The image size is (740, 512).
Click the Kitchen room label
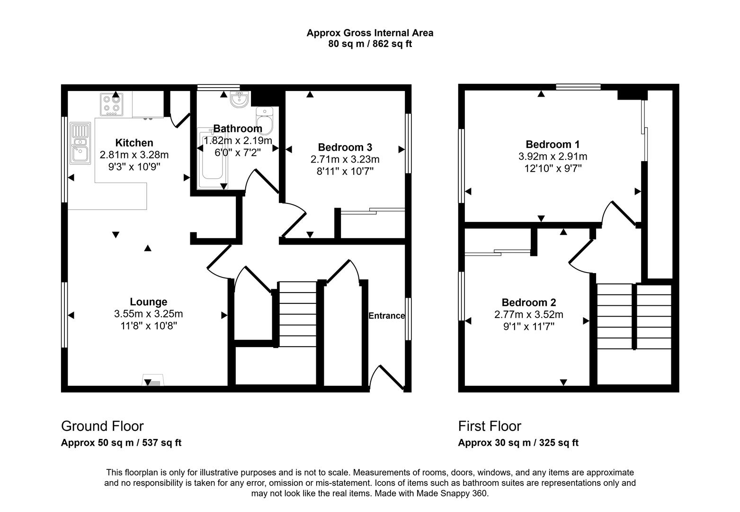tap(134, 143)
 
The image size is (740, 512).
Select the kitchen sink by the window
tap(80, 143)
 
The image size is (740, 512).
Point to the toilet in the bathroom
tap(265, 120)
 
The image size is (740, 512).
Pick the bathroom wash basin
tap(239, 99)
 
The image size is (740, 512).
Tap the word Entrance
tap(386, 316)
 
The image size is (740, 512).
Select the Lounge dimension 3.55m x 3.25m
tap(148, 314)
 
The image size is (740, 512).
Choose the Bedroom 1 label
tap(553, 144)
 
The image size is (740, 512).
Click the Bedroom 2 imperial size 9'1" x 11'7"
tap(528, 326)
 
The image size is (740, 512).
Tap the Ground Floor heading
tap(102, 426)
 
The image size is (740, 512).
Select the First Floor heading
tap(490, 426)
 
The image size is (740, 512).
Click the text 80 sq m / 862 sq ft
tap(370, 44)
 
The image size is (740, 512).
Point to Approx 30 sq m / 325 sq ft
tap(518, 443)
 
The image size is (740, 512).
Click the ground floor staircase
tap(297, 314)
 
